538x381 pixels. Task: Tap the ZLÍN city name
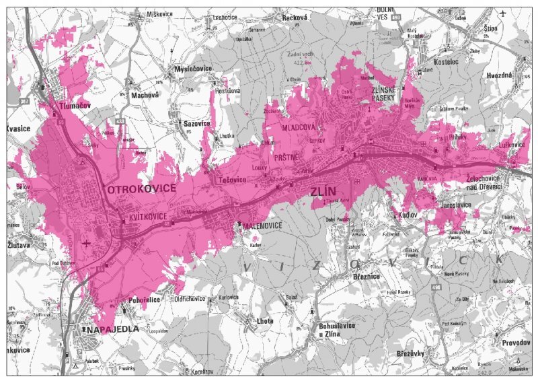pos(323,192)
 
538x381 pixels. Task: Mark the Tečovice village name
pos(231,180)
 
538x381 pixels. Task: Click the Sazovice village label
pos(197,124)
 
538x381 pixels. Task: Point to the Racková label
pos(295,18)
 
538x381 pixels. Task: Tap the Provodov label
pos(515,342)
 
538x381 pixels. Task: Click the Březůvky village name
pos(410,353)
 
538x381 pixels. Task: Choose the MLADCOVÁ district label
pos(299,127)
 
